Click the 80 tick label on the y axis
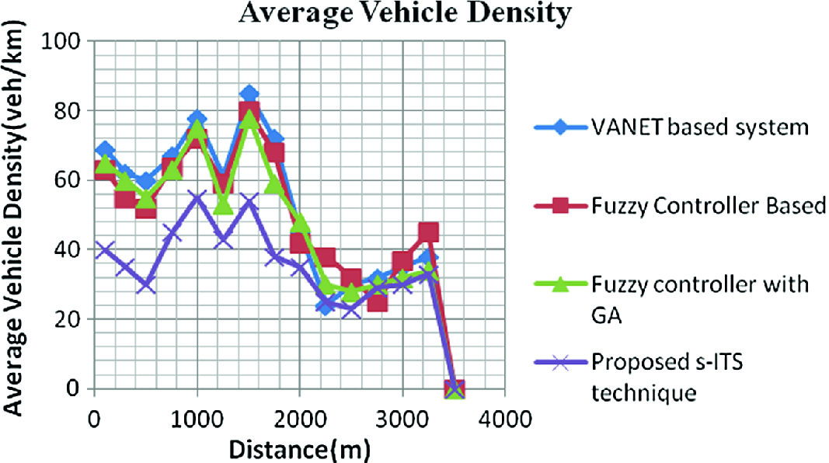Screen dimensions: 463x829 click(68, 110)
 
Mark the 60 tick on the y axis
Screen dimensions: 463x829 click(68, 180)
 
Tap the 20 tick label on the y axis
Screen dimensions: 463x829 click(68, 319)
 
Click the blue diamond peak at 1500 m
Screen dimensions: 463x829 click(249, 94)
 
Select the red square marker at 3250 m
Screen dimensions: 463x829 click(428, 232)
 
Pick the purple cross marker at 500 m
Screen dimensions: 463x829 click(145, 284)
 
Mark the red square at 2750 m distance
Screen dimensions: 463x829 click(378, 301)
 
